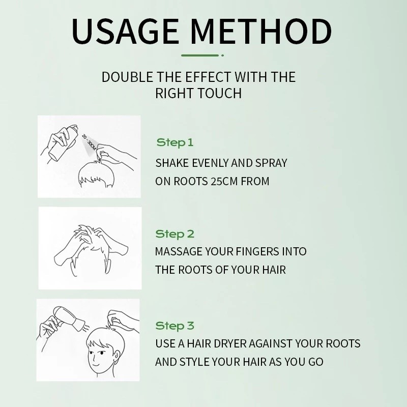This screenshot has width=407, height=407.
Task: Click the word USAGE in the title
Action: (125, 32)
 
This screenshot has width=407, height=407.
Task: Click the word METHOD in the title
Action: (261, 32)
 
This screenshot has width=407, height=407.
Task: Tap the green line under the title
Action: (200, 55)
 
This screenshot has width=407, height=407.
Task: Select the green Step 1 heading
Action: (175, 142)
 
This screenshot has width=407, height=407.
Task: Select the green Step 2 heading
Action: (175, 234)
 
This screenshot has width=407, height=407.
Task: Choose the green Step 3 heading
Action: (175, 326)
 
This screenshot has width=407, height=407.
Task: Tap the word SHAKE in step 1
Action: (172, 163)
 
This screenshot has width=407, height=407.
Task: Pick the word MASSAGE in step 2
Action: (179, 251)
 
